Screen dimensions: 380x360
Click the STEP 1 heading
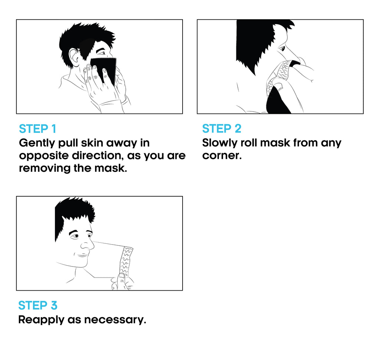point(37,129)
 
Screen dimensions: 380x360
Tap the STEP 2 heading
point(222,128)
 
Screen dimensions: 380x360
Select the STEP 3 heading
point(38,305)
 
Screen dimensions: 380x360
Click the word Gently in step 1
point(37,143)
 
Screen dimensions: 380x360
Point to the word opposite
point(44,156)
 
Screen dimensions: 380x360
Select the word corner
point(222,156)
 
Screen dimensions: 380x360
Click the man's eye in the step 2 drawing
point(282,49)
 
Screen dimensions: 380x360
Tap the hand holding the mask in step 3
point(122,281)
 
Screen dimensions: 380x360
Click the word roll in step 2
point(248,143)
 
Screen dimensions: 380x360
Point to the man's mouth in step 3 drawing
point(83,255)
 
